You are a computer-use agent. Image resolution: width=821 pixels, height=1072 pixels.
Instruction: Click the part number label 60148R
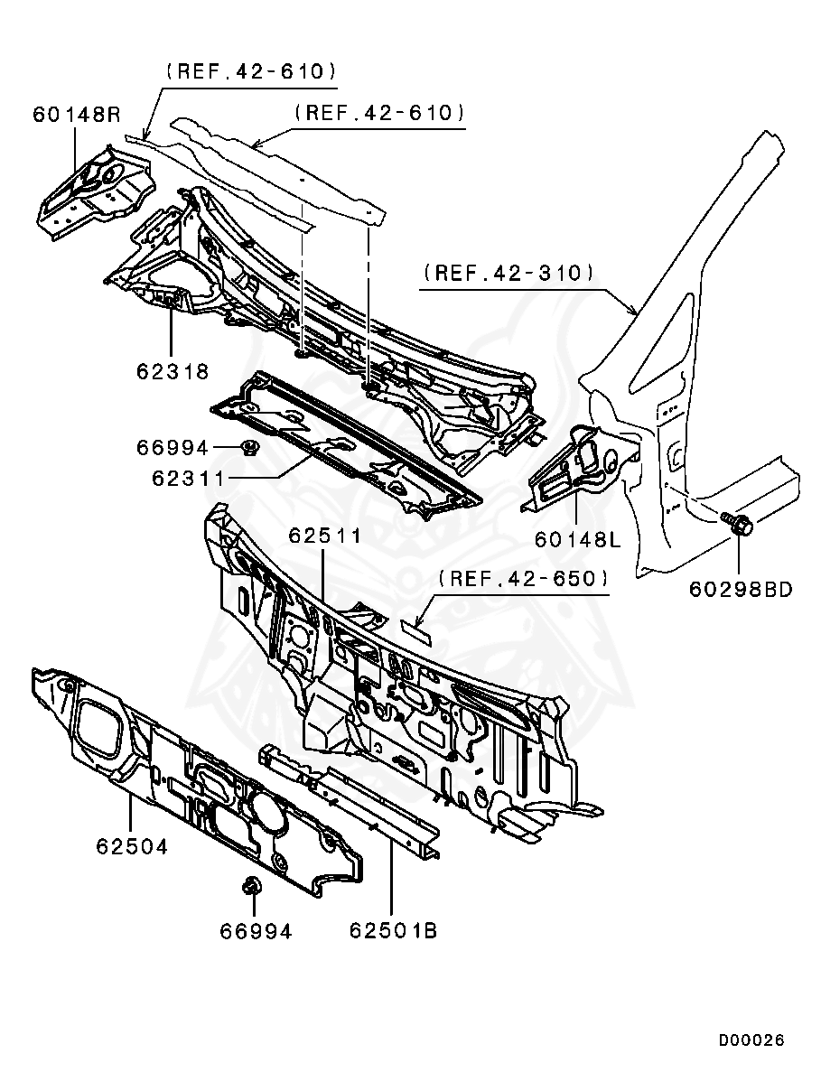pos(77,115)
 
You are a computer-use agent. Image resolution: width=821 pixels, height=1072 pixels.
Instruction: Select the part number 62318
pos(173,370)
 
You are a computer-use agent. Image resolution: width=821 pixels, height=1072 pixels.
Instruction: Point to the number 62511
pos(325,536)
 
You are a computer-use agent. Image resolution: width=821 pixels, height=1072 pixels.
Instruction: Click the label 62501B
pos(393,929)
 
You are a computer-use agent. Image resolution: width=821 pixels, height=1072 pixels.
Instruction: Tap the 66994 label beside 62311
pos(173,447)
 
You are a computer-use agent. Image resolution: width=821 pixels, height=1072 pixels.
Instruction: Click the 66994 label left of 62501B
pos(256,930)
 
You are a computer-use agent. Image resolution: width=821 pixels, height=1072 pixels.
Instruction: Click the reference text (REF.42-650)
pos(523,578)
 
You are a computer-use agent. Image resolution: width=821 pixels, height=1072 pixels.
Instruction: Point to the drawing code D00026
pos(751,1040)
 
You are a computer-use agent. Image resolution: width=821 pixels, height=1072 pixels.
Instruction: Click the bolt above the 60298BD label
pos(737,523)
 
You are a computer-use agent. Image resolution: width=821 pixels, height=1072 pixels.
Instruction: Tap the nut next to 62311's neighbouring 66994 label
pos(250,447)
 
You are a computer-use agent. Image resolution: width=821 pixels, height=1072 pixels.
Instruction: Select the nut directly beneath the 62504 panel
pos(252,887)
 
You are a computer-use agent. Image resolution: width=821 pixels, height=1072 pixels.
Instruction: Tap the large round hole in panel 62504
pos(263,808)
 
